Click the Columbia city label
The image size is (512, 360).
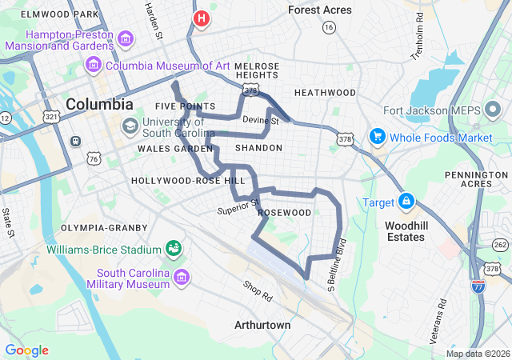(x=100, y=104)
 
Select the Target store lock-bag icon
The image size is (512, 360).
(x=406, y=200)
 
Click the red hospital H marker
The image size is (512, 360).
(x=201, y=18)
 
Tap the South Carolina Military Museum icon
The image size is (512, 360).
(x=182, y=278)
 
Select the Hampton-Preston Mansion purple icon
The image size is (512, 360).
(x=126, y=38)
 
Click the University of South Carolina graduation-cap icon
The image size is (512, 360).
(x=130, y=126)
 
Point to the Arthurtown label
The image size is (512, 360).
(x=262, y=326)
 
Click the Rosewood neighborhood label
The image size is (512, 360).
(x=284, y=213)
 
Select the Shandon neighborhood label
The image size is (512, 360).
(x=258, y=148)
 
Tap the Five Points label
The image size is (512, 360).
(x=185, y=106)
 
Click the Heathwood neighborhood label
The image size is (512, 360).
(x=324, y=93)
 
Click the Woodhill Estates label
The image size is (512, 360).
(x=406, y=231)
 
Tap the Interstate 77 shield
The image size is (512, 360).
(x=478, y=286)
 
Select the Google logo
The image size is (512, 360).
(x=26, y=350)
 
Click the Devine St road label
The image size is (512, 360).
(x=260, y=121)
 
